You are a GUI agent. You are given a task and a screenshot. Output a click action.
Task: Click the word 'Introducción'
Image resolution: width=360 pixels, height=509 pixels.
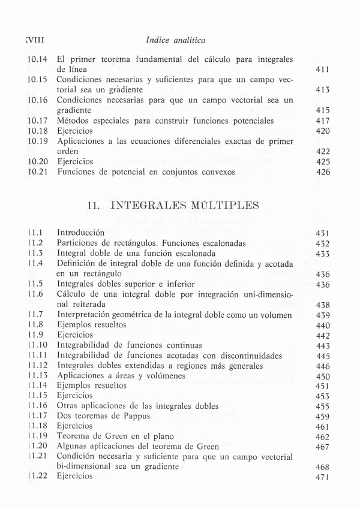point(81,233)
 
